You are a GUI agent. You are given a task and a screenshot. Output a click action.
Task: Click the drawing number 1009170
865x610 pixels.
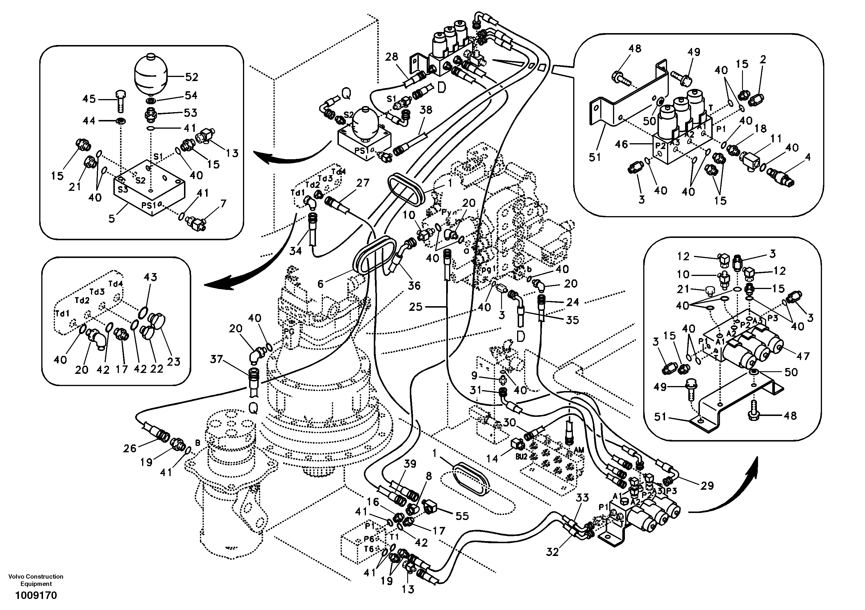[36, 595]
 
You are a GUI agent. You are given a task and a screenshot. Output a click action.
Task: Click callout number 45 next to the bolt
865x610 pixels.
[89, 99]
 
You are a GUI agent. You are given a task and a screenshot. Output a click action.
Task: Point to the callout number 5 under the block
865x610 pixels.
[112, 218]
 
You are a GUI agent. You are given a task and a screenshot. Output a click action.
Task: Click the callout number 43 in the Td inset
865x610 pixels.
[150, 277]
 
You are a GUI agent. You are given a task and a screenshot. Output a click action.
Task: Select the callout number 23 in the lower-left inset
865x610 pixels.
[174, 361]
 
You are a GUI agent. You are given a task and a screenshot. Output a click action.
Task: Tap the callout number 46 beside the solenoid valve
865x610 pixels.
[622, 144]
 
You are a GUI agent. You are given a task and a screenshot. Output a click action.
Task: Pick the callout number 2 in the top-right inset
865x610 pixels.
[763, 60]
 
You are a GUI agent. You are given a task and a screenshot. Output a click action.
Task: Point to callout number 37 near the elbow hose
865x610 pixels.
[216, 359]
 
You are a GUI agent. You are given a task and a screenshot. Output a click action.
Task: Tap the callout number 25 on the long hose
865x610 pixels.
[416, 307]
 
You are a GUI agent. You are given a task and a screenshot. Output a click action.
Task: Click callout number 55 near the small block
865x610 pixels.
[462, 516]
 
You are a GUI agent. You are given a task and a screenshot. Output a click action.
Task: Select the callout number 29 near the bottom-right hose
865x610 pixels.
[707, 485]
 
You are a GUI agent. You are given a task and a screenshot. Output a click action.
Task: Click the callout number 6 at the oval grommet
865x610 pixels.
[320, 284]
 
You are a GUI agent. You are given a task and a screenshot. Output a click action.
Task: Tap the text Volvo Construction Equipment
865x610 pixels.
[36, 580]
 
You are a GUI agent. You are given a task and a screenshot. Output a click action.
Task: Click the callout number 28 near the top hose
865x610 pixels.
[392, 57]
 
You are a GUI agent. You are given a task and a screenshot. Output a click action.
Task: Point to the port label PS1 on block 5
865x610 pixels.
[149, 205]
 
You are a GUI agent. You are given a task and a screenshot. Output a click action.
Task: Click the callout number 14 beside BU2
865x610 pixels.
[492, 458]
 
